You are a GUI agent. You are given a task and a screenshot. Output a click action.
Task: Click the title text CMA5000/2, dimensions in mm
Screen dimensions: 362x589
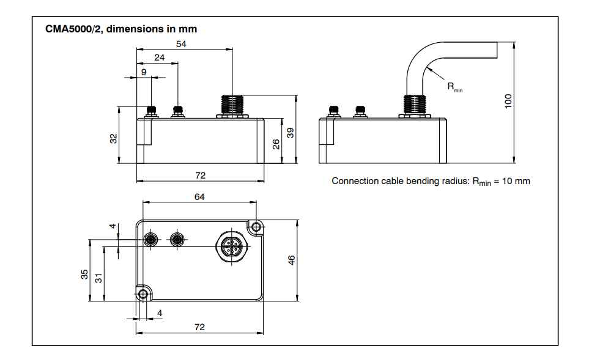point(120,29)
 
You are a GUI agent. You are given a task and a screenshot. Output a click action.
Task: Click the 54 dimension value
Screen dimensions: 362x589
point(181,43)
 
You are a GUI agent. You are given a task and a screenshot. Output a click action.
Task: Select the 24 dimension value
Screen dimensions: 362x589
point(159,57)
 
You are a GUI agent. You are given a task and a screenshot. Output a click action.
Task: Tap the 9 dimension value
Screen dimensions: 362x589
point(144,72)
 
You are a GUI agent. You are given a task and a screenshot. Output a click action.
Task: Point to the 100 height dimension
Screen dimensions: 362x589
point(507,102)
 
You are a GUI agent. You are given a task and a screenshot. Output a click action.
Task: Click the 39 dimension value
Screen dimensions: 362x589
point(291,131)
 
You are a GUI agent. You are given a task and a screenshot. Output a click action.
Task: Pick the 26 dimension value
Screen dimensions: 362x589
point(276,144)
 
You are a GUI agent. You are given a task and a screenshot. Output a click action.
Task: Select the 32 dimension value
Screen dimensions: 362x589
point(113,138)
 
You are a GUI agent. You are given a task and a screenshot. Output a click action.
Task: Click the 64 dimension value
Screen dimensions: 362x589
point(199,197)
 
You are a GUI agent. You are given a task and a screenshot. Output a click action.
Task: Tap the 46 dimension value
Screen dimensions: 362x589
point(292,260)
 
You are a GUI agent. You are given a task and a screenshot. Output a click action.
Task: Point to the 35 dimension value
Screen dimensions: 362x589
point(85,273)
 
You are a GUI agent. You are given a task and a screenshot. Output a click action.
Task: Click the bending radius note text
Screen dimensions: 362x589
point(430,181)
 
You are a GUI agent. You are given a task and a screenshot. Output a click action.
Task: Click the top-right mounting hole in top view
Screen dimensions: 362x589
point(256,227)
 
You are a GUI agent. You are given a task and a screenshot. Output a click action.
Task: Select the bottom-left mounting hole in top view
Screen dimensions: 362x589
point(143,295)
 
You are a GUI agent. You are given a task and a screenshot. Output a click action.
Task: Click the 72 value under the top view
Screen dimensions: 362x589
point(199,327)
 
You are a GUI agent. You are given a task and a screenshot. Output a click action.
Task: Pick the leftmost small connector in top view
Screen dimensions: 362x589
point(151,238)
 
